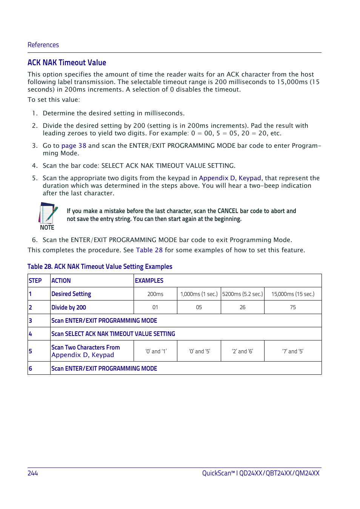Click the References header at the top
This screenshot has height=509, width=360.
pyautogui.click(x=43, y=45)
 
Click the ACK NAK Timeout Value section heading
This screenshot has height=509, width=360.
pyautogui.click(x=67, y=63)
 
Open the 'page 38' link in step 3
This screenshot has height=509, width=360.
pyautogui.click(x=74, y=146)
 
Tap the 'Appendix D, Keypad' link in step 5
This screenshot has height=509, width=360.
pyautogui.click(x=230, y=178)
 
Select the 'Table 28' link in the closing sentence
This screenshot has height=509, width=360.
pyautogui.click(x=149, y=250)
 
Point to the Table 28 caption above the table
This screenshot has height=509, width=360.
pyautogui.click(x=100, y=267)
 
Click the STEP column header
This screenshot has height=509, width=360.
pyautogui.click(x=35, y=281)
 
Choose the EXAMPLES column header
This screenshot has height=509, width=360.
pyautogui.click(x=149, y=281)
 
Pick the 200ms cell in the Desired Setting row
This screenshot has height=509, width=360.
pyautogui.click(x=155, y=294)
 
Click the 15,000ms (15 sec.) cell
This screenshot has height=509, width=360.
pyautogui.click(x=292, y=294)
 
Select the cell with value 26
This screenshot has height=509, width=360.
pyautogui.click(x=242, y=307)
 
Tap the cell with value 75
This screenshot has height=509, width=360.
pyautogui.click(x=292, y=307)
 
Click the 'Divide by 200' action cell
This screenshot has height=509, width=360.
pyautogui.click(x=69, y=307)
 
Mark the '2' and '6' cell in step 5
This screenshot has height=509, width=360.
pyautogui.click(x=242, y=351)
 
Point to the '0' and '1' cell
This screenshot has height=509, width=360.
pyautogui.click(x=156, y=351)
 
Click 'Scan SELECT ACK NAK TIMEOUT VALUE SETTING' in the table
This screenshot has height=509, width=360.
pyautogui.click(x=113, y=334)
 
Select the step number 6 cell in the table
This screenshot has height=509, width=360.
pyautogui.click(x=31, y=368)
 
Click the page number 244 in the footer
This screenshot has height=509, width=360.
pyautogui.click(x=33, y=473)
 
